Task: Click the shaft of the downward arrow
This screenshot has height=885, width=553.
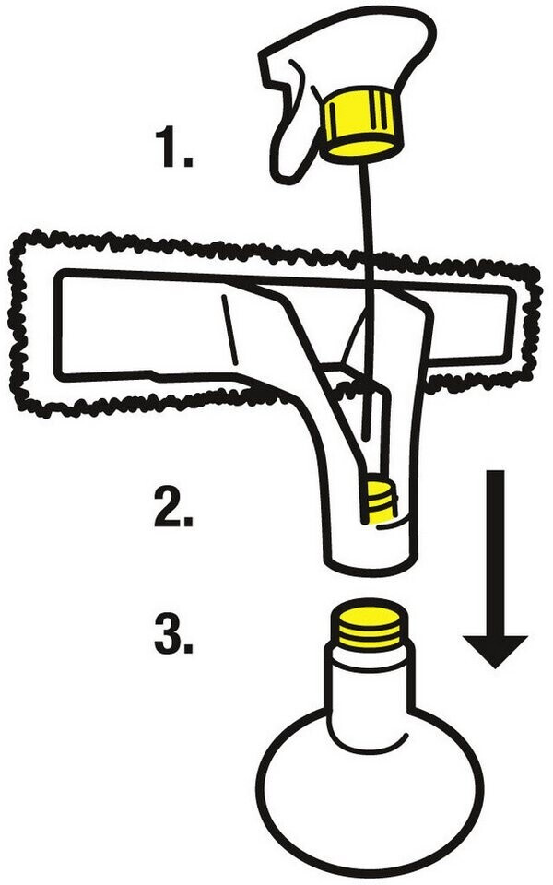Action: tap(495, 544)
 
